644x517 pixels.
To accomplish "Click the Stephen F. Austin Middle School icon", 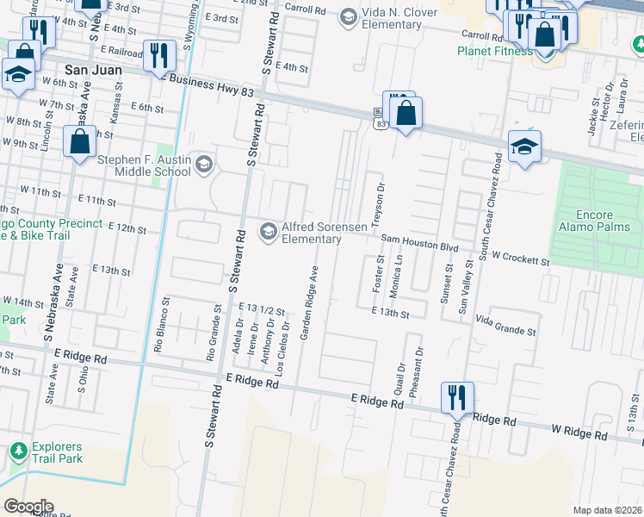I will click(x=204, y=164).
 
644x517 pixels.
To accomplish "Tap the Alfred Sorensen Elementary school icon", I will click(x=268, y=230).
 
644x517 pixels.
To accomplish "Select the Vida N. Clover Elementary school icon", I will click(x=348, y=16).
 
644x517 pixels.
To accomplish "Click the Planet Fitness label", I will click(x=495, y=51).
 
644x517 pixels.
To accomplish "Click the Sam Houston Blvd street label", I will click(x=419, y=246).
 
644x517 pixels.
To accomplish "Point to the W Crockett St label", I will click(x=521, y=258).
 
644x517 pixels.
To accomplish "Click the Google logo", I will click(x=28, y=507).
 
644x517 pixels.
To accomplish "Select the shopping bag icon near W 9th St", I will click(x=79, y=141).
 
